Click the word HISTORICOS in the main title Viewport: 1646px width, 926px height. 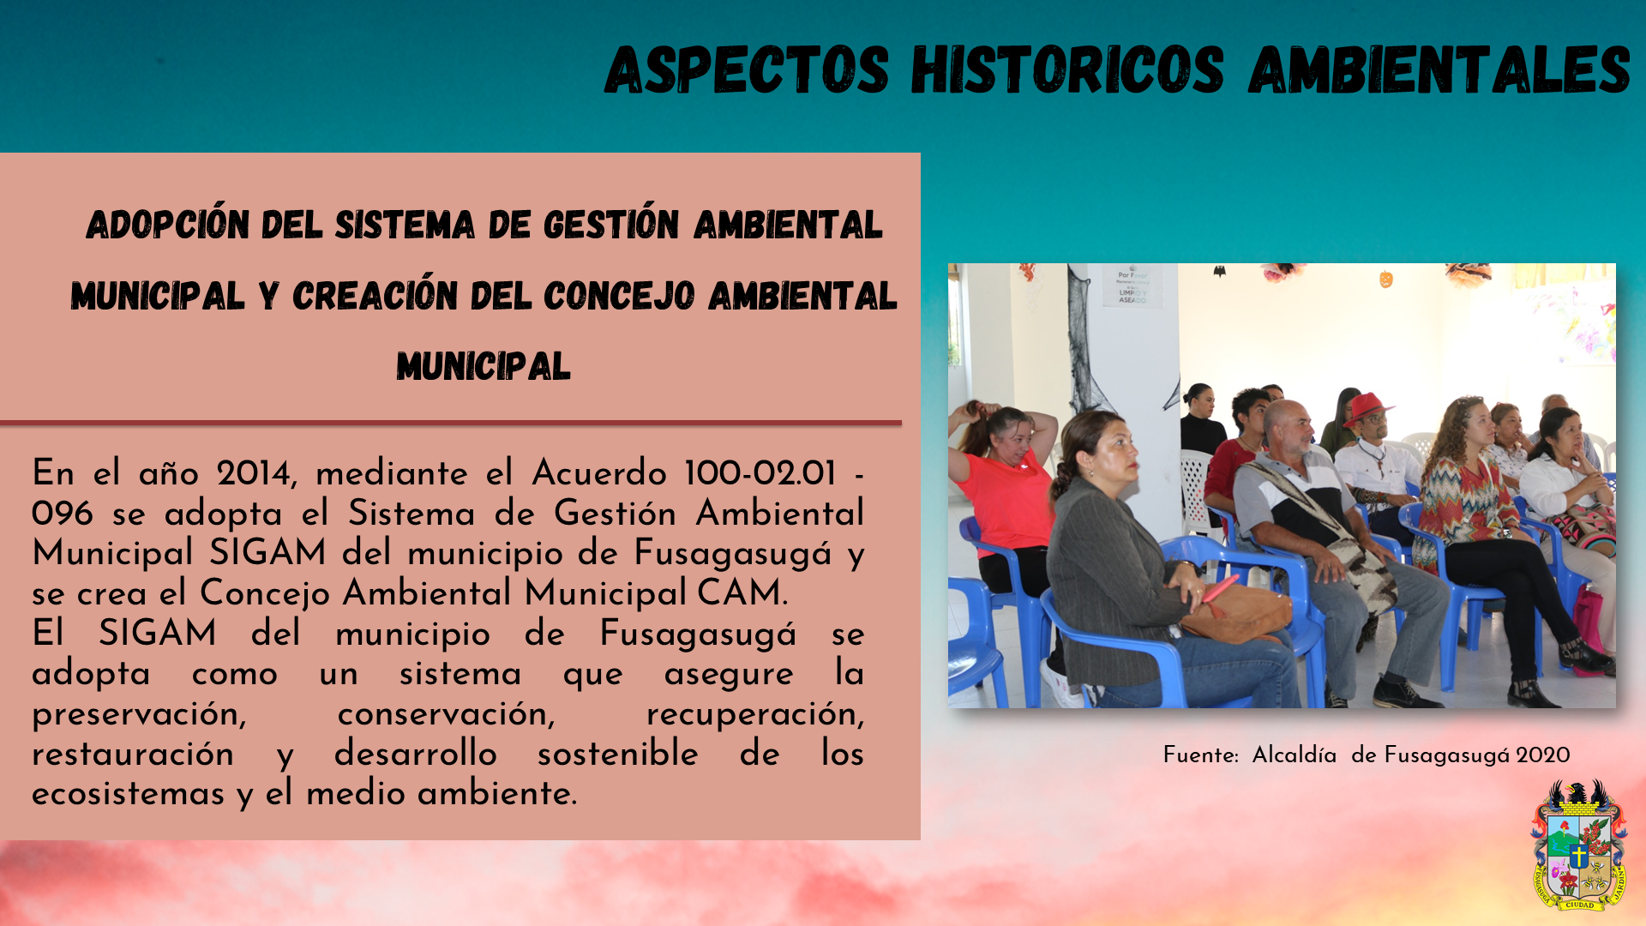point(1067,69)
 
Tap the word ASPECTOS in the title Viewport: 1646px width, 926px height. point(747,69)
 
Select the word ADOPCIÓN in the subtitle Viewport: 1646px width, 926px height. point(168,224)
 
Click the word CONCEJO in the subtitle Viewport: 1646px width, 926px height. point(619,296)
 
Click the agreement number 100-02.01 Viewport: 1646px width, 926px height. point(760,473)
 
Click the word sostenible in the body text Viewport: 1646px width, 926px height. point(617,753)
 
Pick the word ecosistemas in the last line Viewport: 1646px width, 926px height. point(129,793)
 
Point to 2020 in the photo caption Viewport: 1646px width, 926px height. point(1542,755)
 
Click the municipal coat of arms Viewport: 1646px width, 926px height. point(1579,845)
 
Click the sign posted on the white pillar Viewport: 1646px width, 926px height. point(1132,286)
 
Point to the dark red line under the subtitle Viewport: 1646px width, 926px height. point(451,423)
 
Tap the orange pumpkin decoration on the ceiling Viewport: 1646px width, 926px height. point(1386,279)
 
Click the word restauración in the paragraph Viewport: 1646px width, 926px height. point(133,754)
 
